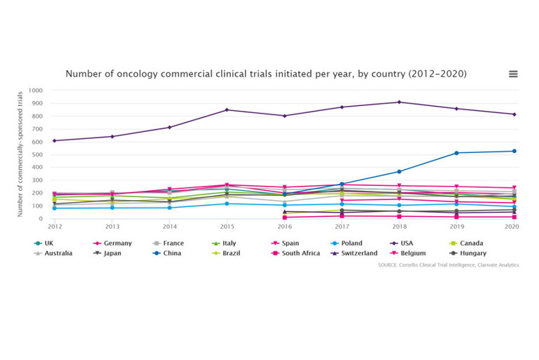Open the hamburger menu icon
(513, 74)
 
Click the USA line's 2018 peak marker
(399, 102)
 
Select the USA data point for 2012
(55, 140)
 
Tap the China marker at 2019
(456, 153)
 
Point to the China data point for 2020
(514, 151)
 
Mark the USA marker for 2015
(227, 110)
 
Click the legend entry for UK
(48, 244)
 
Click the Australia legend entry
(58, 253)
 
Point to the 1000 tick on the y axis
(35, 91)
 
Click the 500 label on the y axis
(36, 154)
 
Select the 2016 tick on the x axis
(284, 227)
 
